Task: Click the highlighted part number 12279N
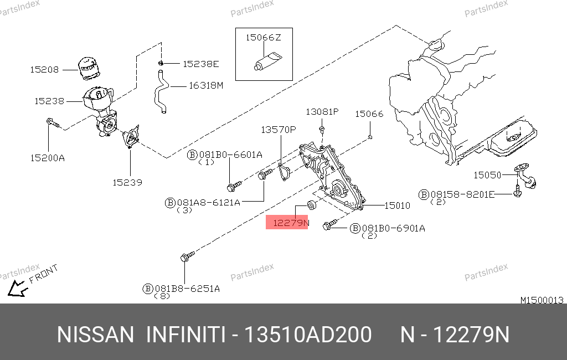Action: tap(291, 223)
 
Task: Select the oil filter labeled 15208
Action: tap(89, 68)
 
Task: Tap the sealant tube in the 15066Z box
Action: tap(267, 61)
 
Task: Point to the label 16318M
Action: tap(206, 85)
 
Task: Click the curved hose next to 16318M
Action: tap(161, 91)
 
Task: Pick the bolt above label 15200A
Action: tap(53, 123)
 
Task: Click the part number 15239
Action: tap(127, 182)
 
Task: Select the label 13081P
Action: tap(322, 112)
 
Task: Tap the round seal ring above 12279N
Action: tap(312, 205)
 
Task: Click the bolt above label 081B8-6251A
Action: tap(187, 256)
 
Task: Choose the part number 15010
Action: tap(397, 205)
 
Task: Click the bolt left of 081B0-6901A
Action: tap(330, 224)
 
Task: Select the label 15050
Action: tap(487, 175)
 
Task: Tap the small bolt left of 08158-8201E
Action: tap(518, 192)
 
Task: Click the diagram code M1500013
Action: tap(542, 300)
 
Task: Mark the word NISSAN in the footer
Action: tap(95, 335)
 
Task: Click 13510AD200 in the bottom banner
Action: tap(308, 335)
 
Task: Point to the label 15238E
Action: tap(200, 64)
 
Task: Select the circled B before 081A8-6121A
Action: tap(170, 203)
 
